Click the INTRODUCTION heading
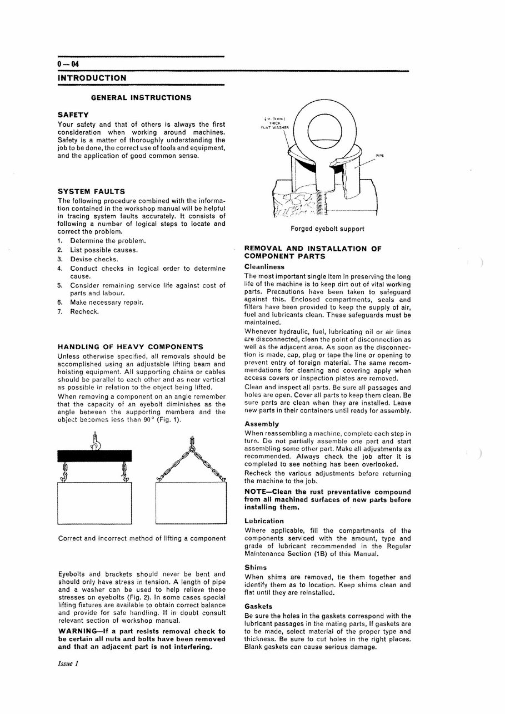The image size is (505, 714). pyautogui.click(x=92, y=78)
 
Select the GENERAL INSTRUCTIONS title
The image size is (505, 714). pyautogui.click(x=141, y=98)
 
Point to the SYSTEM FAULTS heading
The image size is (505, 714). pyautogui.click(x=91, y=191)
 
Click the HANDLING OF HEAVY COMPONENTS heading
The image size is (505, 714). pyautogui.click(x=131, y=347)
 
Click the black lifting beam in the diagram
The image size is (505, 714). pyautogui.click(x=94, y=455)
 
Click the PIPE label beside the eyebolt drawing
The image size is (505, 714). pyautogui.click(x=380, y=156)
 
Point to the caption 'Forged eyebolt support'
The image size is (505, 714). pyautogui.click(x=327, y=229)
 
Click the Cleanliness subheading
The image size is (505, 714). pyautogui.click(x=264, y=267)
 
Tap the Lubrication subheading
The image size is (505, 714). pyautogui.click(x=264, y=521)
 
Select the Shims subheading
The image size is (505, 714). pyautogui.click(x=256, y=568)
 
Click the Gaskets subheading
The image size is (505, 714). pyautogui.click(x=258, y=606)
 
